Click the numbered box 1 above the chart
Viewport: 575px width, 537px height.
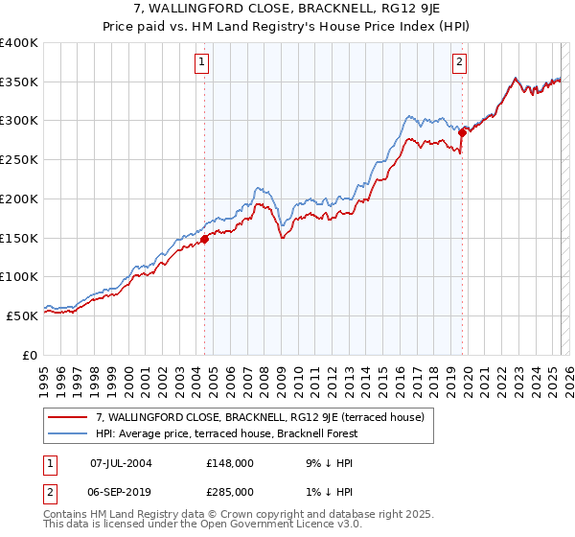click(x=203, y=63)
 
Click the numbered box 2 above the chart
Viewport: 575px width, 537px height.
click(x=460, y=63)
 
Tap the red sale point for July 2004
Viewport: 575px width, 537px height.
click(x=204, y=240)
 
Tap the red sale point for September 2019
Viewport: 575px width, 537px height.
click(x=462, y=132)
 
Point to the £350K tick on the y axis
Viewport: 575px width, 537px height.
click(x=20, y=82)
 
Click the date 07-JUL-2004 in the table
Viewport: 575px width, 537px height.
click(x=121, y=463)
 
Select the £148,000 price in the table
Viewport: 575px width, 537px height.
click(x=230, y=463)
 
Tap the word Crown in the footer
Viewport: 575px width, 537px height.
click(x=227, y=514)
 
